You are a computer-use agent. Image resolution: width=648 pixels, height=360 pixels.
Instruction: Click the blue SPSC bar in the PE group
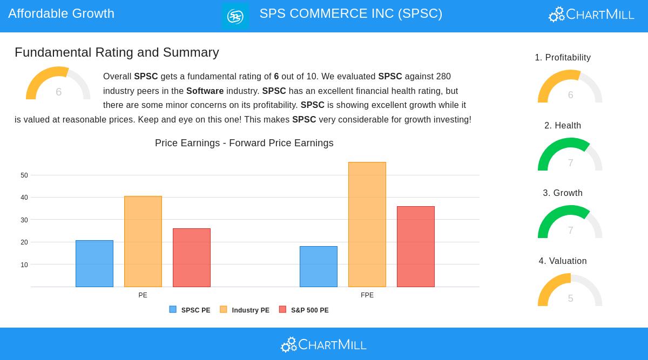coord(94,263)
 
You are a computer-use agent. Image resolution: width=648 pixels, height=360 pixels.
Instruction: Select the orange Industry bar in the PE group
coord(143,241)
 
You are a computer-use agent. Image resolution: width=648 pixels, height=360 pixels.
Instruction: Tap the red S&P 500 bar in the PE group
coord(192,257)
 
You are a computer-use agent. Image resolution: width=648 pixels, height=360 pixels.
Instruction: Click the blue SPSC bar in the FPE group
coord(319,267)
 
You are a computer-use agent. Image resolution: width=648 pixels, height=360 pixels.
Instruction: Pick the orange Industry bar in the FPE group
coord(367,225)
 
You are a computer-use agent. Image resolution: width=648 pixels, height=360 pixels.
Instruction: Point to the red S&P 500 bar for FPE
coord(416,247)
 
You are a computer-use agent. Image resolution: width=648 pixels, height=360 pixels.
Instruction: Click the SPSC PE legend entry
coord(190,310)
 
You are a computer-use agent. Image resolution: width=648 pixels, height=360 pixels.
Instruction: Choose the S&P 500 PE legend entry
coord(304,310)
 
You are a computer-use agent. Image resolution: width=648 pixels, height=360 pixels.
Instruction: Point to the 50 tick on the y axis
coord(24,175)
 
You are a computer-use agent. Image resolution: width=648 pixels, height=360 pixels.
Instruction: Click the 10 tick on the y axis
coord(24,265)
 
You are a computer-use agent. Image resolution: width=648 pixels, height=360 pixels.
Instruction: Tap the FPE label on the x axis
coord(367,295)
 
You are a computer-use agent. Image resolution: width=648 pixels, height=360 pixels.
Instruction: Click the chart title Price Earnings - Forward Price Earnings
coord(244,143)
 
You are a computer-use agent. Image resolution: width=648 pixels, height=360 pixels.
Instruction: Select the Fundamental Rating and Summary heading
coord(117,52)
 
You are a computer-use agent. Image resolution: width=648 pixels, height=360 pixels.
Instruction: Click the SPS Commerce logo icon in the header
coord(235,16)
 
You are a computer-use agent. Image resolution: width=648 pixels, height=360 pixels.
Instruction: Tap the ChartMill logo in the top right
coord(591,14)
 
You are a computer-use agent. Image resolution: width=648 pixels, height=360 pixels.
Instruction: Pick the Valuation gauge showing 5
coord(570,291)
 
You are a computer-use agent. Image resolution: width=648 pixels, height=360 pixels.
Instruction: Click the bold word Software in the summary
coord(205,91)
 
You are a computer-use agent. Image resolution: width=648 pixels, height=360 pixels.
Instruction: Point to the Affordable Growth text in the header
coord(61,13)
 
